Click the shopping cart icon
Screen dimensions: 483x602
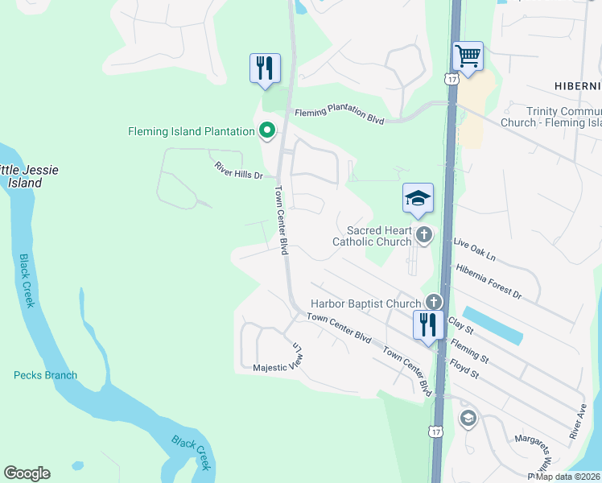pyautogui.click(x=468, y=57)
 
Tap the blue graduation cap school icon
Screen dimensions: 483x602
pyautogui.click(x=419, y=199)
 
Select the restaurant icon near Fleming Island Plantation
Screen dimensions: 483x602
pyautogui.click(x=266, y=68)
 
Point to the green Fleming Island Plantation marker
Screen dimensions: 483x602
pyautogui.click(x=266, y=130)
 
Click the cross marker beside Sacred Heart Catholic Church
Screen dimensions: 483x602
pyautogui.click(x=424, y=235)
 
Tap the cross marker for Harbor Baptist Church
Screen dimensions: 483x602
pyautogui.click(x=434, y=303)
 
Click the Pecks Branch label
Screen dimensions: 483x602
pyautogui.click(x=45, y=375)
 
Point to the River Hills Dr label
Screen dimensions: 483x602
pyautogui.click(x=239, y=170)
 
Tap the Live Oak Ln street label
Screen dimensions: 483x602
pyautogui.click(x=475, y=247)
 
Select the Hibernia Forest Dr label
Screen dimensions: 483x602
pyautogui.click(x=489, y=281)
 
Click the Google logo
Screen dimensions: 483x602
pyautogui.click(x=27, y=473)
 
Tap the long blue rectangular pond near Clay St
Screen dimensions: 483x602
pyautogui.click(x=493, y=325)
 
